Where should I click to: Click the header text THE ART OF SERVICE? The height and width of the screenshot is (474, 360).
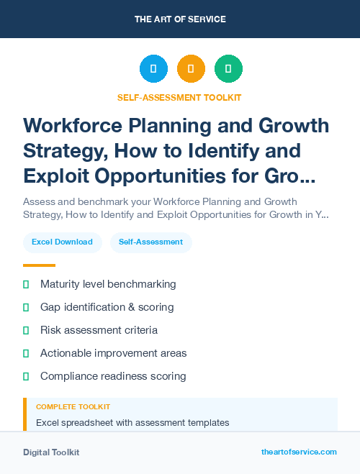[x=180, y=19]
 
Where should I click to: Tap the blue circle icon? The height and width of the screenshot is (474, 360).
[x=153, y=68]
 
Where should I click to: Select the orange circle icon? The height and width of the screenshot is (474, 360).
[x=191, y=68]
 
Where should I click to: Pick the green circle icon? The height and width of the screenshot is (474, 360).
[x=228, y=68]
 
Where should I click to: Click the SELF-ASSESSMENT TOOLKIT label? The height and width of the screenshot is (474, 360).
[x=179, y=97]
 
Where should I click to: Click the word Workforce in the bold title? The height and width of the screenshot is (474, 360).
[x=72, y=125]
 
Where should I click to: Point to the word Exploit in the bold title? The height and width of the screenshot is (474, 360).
[x=57, y=176]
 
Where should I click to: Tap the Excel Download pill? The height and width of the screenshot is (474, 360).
[x=62, y=242]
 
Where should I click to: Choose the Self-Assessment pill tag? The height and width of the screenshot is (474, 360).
[x=150, y=242]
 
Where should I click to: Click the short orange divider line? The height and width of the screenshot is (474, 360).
[x=39, y=265]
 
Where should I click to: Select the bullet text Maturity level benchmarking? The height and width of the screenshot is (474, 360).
[x=108, y=284]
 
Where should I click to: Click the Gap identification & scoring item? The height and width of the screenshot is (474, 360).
[x=107, y=307]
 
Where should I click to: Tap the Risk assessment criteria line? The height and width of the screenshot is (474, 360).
[x=99, y=330]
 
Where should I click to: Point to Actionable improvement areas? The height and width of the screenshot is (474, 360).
[x=113, y=353]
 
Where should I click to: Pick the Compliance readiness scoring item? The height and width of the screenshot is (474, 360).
[x=113, y=376]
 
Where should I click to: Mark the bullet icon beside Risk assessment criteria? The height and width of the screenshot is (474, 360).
[x=26, y=330]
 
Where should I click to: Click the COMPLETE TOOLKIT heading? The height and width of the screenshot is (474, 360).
[x=73, y=407]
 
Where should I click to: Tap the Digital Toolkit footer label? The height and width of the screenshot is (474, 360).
[x=51, y=452]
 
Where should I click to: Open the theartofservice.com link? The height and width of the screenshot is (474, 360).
[x=299, y=452]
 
